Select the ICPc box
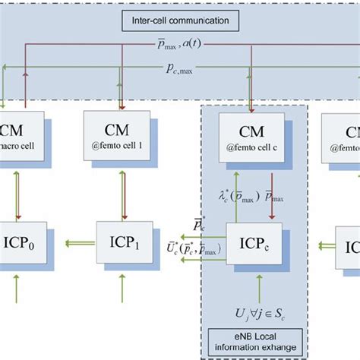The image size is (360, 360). pos(252,246)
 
